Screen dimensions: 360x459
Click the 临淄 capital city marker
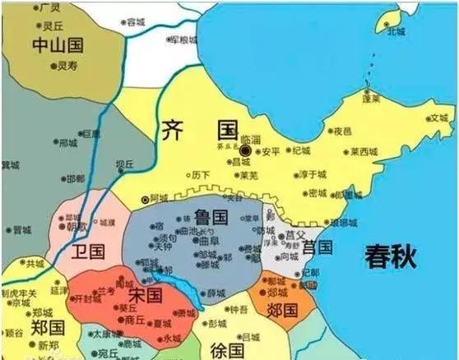(x=245, y=151)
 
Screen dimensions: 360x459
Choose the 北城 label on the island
(x=397, y=31)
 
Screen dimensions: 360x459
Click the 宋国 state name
(x=143, y=294)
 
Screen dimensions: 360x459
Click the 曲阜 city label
(x=211, y=243)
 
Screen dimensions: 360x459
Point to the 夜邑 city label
(x=342, y=131)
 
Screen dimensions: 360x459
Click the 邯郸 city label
(x=75, y=178)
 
